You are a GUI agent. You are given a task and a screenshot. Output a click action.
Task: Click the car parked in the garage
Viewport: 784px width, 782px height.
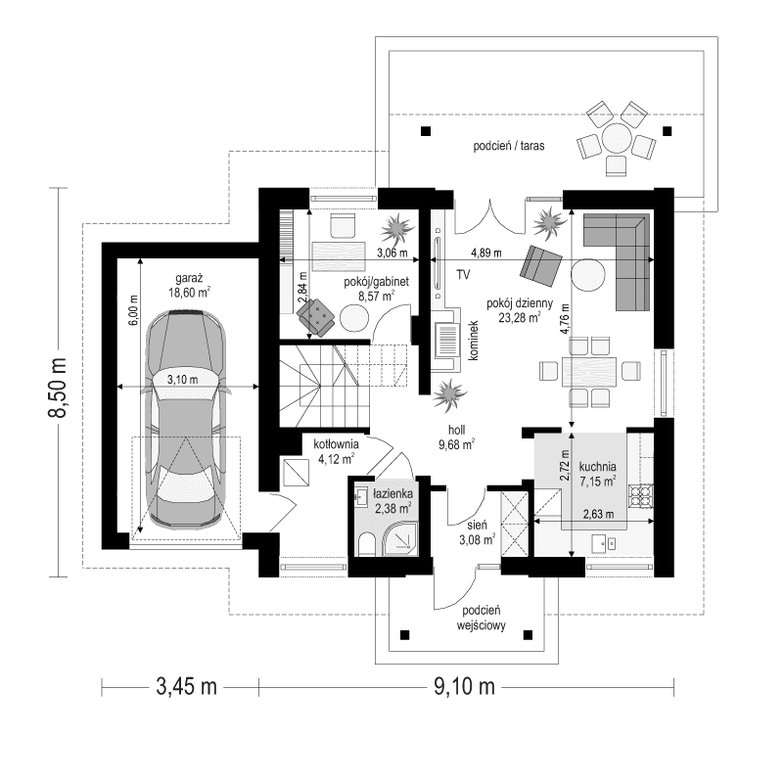pyautogui.click(x=187, y=421)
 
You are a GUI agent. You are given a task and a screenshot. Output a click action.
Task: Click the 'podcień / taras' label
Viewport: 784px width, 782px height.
pyautogui.click(x=508, y=145)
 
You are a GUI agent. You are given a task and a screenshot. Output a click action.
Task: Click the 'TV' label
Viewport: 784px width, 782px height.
pyautogui.click(x=463, y=273)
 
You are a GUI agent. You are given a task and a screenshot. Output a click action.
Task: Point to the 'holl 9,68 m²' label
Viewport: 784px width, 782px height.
pyautogui.click(x=456, y=437)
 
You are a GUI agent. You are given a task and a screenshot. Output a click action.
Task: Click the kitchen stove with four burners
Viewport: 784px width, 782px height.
pyautogui.click(x=641, y=495)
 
